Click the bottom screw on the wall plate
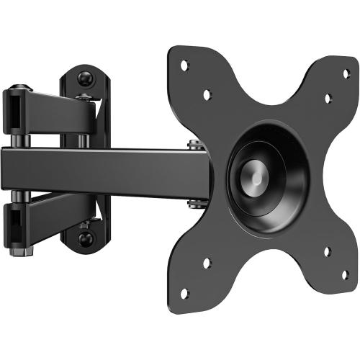point(87,238)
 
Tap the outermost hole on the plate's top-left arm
point(184,65)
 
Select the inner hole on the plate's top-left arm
point(207,94)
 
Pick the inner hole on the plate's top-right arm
point(327,97)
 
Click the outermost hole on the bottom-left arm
point(184,293)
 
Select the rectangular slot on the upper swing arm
point(16,111)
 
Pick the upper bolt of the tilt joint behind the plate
point(194,145)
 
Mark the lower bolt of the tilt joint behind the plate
point(194,203)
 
